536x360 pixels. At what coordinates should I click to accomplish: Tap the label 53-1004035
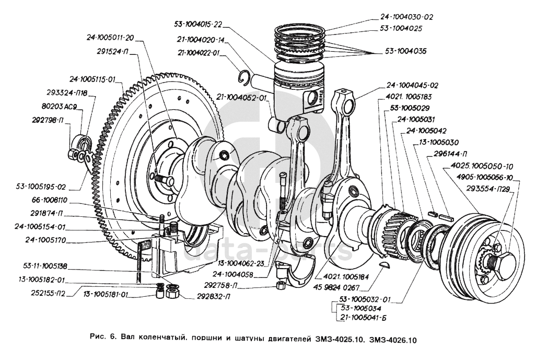click(x=405, y=52)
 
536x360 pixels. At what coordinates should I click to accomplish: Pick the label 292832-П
click(x=202, y=297)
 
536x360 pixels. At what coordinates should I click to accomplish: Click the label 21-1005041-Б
click(x=366, y=318)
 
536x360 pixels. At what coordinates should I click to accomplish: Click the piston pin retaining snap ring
click(x=243, y=77)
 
